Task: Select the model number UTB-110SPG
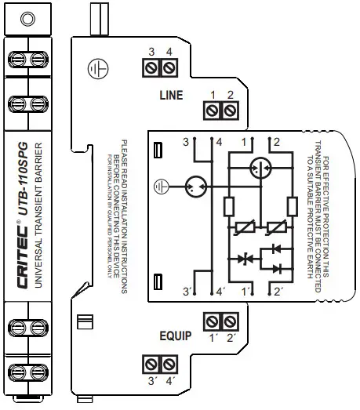click(23, 180)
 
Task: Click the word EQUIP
click(175, 336)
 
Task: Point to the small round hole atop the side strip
click(27, 18)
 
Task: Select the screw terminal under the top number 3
click(152, 69)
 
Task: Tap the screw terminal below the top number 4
click(169, 69)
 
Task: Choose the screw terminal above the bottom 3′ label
click(151, 364)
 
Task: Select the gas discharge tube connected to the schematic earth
click(196, 187)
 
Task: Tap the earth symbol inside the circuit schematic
click(161, 187)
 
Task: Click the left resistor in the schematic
click(228, 206)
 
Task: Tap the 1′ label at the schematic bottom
click(248, 292)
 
